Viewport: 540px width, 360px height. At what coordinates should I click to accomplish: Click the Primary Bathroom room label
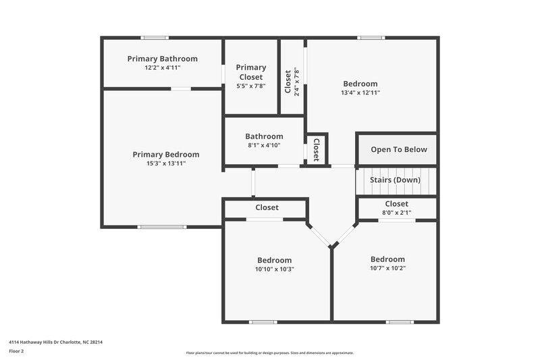[x=162, y=59]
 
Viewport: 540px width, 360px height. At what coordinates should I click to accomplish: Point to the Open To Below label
[x=398, y=149]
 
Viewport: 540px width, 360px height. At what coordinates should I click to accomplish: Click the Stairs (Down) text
[x=395, y=180]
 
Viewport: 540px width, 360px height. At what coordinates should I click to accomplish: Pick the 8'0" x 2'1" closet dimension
[x=396, y=213]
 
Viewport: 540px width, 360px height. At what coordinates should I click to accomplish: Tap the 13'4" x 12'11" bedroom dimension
[x=360, y=93]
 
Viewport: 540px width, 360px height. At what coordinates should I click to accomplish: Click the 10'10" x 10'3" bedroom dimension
[x=275, y=269]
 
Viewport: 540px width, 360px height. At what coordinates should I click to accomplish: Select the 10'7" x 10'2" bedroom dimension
[x=387, y=267]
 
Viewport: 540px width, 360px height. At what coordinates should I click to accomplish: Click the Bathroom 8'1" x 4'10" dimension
[x=264, y=145]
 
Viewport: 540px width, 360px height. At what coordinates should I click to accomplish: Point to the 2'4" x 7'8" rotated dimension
[x=296, y=82]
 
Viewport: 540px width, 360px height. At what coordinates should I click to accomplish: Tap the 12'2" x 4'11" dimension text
[x=162, y=68]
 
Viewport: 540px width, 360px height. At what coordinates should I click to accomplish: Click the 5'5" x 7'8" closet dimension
[x=251, y=86]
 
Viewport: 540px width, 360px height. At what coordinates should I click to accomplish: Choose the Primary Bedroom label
[x=166, y=155]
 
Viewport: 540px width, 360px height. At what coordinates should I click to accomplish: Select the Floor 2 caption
[x=16, y=351]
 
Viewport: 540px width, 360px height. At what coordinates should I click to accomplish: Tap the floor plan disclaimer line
[x=269, y=353]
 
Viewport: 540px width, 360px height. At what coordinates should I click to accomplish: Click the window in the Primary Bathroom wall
[x=155, y=38]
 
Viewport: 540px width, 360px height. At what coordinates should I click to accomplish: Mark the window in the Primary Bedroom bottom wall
[x=162, y=226]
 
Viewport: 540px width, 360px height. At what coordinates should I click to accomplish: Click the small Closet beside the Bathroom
[x=316, y=149]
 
